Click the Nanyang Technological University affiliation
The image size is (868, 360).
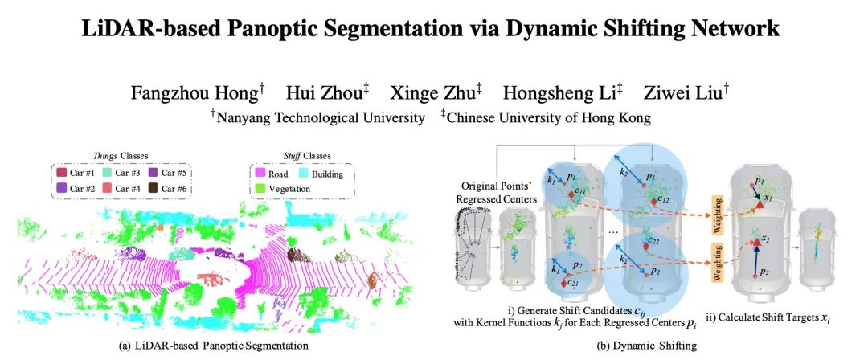coord(317,117)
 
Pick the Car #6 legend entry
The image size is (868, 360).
coord(167,189)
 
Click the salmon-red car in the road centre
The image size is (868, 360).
coord(213,280)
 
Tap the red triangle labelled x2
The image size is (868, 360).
coord(756,239)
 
